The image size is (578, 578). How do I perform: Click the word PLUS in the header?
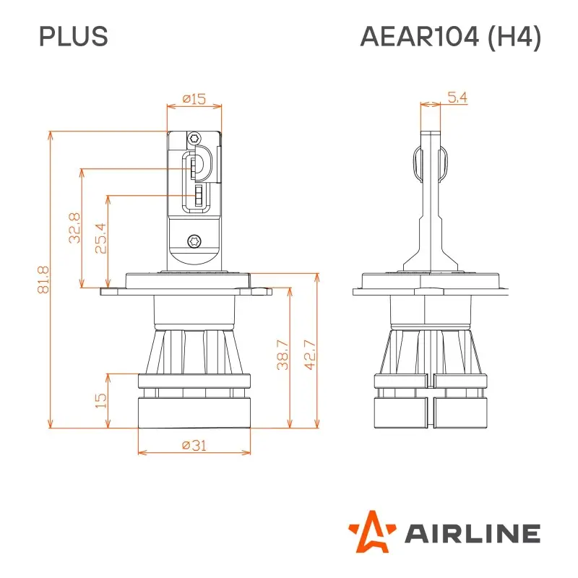point(74,37)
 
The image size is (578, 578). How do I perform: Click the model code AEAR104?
point(420,37)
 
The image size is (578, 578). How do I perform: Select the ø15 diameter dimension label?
point(194,99)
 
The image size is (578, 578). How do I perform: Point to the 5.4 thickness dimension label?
point(457,98)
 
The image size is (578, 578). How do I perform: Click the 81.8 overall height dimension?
point(43,280)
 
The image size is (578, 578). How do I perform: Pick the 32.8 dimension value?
point(74,228)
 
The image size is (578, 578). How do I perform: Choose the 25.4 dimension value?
point(100,238)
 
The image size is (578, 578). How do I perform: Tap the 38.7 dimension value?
point(282,355)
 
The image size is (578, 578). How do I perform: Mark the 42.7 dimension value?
point(310,355)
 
